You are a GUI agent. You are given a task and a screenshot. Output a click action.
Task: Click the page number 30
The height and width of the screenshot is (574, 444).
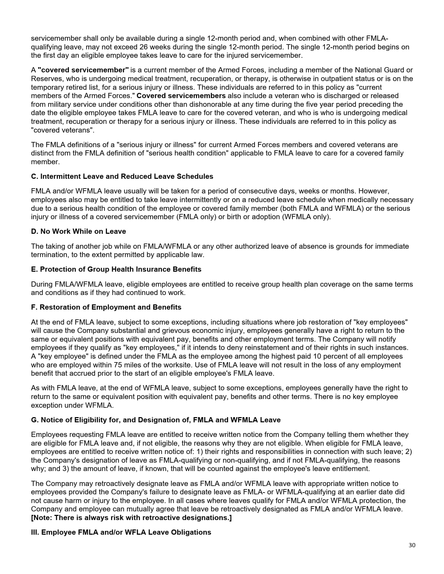coord(412,545)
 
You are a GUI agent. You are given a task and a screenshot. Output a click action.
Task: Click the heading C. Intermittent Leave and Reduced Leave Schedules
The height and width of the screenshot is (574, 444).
coord(122,176)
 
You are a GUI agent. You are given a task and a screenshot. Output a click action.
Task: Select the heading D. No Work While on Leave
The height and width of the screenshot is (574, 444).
coord(78,231)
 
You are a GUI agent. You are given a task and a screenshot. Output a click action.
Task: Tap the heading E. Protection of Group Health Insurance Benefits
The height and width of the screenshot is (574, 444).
coord(116,269)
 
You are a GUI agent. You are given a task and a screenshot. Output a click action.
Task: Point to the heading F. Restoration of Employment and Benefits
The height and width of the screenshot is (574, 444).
coord(106,307)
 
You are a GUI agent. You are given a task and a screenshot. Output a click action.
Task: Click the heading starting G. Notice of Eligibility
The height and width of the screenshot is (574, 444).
coord(156,420)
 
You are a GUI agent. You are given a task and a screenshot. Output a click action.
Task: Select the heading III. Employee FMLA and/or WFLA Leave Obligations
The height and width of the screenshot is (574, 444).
coord(121,532)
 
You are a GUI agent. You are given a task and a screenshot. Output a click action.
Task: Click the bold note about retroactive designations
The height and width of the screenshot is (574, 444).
coord(131,518)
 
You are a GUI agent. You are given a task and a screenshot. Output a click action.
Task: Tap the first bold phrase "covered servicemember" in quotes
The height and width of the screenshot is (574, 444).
coord(83,70)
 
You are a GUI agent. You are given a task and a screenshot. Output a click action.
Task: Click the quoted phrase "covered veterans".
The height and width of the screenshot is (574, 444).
coord(62,130)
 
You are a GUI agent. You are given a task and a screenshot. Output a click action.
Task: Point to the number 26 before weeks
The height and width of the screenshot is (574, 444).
coord(143,47)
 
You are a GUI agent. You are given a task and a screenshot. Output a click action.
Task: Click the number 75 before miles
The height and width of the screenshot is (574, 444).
coord(117,365)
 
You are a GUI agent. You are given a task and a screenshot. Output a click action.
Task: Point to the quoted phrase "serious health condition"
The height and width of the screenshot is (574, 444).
coord(187,153)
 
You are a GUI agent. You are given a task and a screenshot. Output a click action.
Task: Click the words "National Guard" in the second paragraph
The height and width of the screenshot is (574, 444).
coord(377,70)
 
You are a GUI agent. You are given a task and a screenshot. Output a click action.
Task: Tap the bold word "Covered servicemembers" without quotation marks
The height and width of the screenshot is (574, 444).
coord(181,96)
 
